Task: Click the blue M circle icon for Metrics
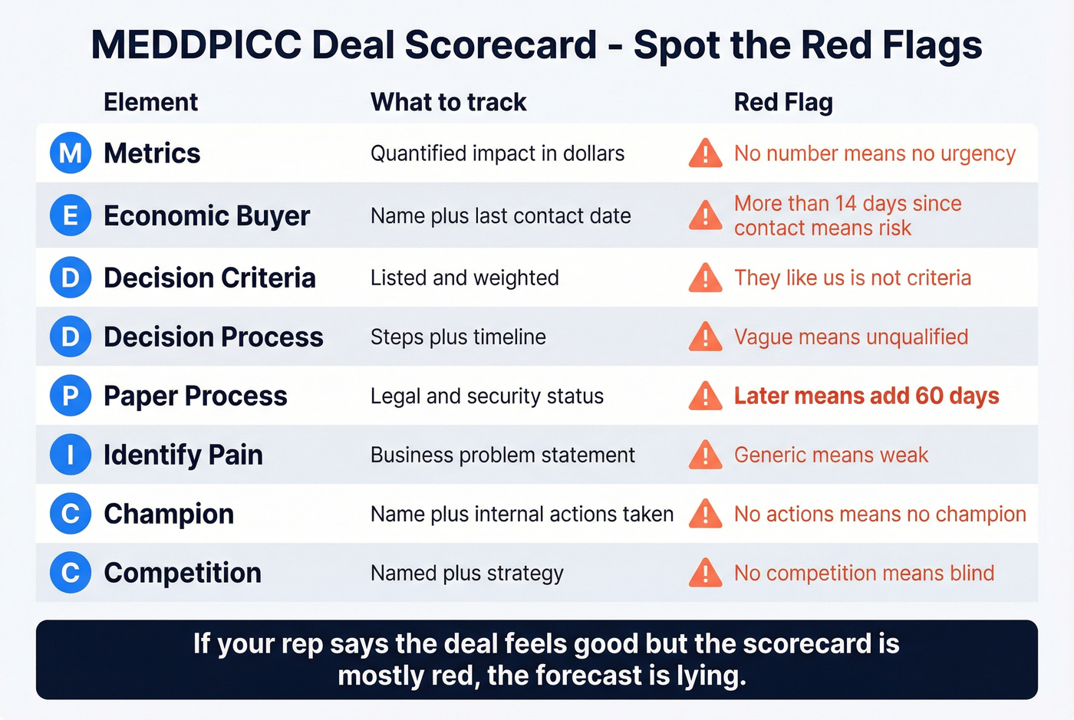click(71, 153)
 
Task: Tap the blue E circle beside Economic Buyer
click(71, 215)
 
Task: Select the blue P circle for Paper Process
click(71, 396)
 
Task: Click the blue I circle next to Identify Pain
click(71, 455)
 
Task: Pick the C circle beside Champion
click(71, 514)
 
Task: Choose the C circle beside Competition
click(71, 573)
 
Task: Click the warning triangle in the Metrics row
click(705, 153)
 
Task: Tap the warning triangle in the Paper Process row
click(705, 396)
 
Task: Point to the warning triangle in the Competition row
click(705, 574)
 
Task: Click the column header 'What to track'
click(448, 102)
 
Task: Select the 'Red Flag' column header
click(783, 102)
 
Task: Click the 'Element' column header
click(150, 102)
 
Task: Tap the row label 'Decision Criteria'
click(209, 278)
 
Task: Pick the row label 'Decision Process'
click(213, 337)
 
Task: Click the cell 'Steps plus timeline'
click(458, 337)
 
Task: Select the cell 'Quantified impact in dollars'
click(497, 153)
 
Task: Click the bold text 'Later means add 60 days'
click(866, 396)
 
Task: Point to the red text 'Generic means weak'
click(831, 455)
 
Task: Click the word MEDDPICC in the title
click(196, 44)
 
